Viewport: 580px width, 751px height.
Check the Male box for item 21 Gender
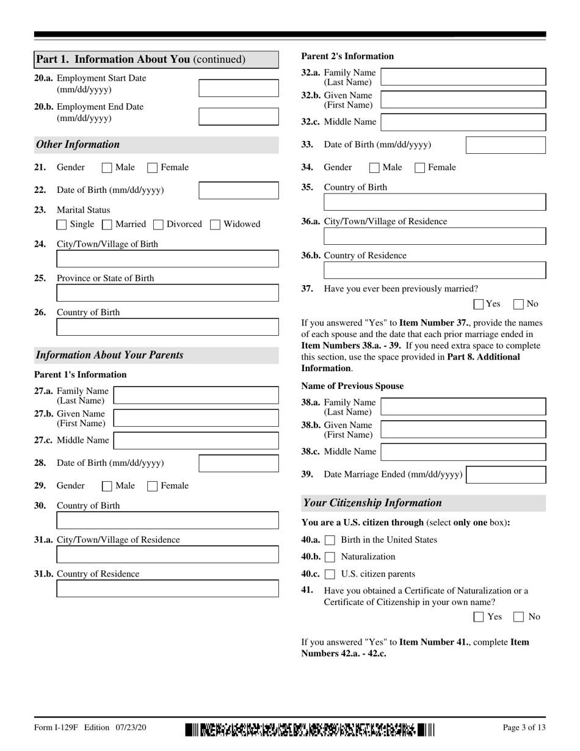coord(107,168)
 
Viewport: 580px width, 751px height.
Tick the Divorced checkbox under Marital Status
coord(158,225)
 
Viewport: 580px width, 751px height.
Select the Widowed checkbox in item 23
coord(215,225)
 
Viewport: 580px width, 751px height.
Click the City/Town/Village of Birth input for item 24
coord(167,259)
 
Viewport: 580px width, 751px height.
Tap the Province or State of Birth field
coord(167,294)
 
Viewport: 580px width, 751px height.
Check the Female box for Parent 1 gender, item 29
coord(153,487)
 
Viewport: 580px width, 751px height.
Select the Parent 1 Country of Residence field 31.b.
coord(167,589)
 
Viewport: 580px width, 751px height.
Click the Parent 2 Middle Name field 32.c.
coord(463,122)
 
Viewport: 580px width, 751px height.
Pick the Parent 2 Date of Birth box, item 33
coord(506,145)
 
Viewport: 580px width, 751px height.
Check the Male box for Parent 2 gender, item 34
coord(375,168)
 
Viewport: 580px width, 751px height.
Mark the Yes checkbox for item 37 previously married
coord(479,304)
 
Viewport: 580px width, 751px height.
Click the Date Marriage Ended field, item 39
coord(506,475)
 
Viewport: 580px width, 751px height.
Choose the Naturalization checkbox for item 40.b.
coord(330,557)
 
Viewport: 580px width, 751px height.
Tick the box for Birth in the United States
coord(330,540)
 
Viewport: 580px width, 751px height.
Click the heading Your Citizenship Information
coord(372,503)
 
